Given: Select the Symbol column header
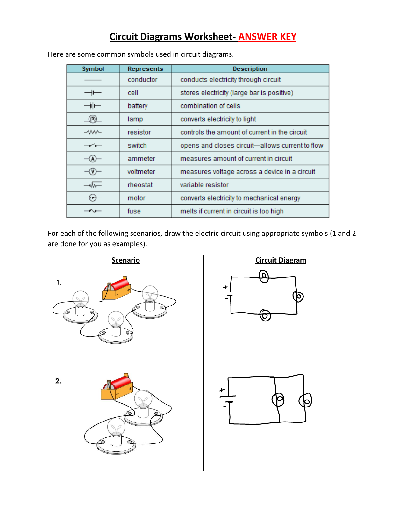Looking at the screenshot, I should [93, 69].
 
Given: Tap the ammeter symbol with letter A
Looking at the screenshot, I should [93, 159].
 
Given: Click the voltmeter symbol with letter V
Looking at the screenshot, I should [93, 172].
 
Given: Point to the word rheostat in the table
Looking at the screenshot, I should [140, 185].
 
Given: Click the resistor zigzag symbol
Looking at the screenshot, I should [93, 132].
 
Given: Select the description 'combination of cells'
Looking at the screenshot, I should [210, 106].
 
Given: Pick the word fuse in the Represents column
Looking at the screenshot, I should [134, 211].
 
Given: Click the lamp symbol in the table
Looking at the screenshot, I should [93, 119].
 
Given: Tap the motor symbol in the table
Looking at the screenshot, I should [93, 198].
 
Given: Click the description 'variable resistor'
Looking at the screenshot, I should [204, 185].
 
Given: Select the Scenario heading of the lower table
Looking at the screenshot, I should [125, 260].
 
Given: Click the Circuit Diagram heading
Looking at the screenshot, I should [281, 260].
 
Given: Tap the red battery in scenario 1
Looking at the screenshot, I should [117, 288].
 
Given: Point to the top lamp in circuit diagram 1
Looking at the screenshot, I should [264, 276].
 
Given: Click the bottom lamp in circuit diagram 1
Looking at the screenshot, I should [265, 315].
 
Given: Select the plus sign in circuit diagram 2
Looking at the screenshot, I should [222, 390].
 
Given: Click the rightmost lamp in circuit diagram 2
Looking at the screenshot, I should [305, 400].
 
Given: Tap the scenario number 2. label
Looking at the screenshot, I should [58, 381].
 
